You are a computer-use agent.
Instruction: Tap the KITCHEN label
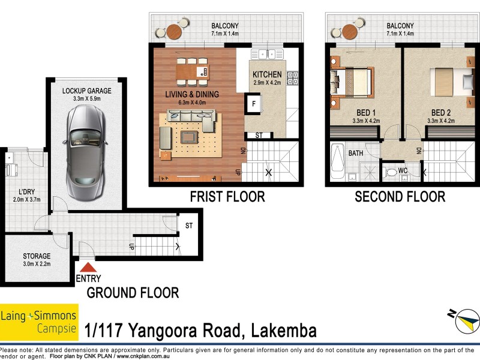(267, 74)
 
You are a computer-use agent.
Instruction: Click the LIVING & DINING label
(192, 94)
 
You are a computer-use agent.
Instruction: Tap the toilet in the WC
(392, 173)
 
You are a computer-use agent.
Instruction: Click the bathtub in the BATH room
(337, 162)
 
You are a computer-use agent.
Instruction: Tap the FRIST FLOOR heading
(227, 197)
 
